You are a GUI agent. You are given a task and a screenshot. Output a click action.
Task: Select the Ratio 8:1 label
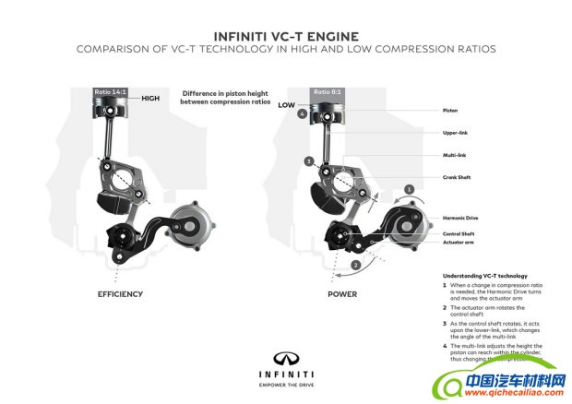coord(327,92)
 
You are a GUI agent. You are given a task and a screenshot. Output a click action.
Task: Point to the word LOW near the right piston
coord(286,105)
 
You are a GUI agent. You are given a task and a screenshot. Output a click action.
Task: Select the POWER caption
coord(342,294)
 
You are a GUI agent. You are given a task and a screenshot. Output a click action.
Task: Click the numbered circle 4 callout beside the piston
coord(303,115)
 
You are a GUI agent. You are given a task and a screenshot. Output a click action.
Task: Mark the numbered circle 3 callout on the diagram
coord(308,161)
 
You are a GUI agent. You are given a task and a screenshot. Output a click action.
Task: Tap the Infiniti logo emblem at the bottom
coord(285,358)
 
